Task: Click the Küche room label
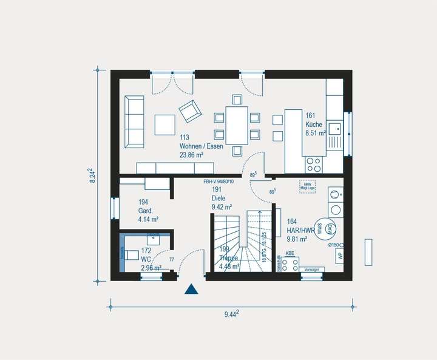point(314,124)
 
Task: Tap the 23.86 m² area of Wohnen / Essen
point(191,155)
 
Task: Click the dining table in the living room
point(236,124)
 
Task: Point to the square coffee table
point(165,124)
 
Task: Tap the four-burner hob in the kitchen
point(314,163)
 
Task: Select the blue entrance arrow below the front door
point(192,289)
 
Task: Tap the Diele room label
point(218,199)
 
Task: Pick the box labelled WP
point(339,255)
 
